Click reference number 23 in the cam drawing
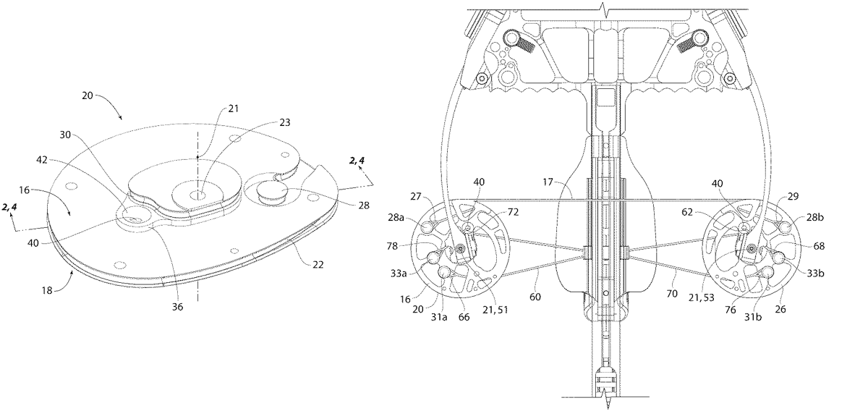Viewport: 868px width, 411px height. click(285, 122)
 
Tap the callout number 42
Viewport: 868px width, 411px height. click(42, 160)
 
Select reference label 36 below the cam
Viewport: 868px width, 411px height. click(178, 307)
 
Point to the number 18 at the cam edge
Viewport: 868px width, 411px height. click(47, 290)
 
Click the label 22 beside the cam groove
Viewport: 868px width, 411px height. click(318, 264)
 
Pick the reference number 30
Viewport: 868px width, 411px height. click(65, 135)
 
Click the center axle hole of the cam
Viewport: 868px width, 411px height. click(197, 195)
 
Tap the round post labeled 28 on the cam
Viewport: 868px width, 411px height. click(271, 192)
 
